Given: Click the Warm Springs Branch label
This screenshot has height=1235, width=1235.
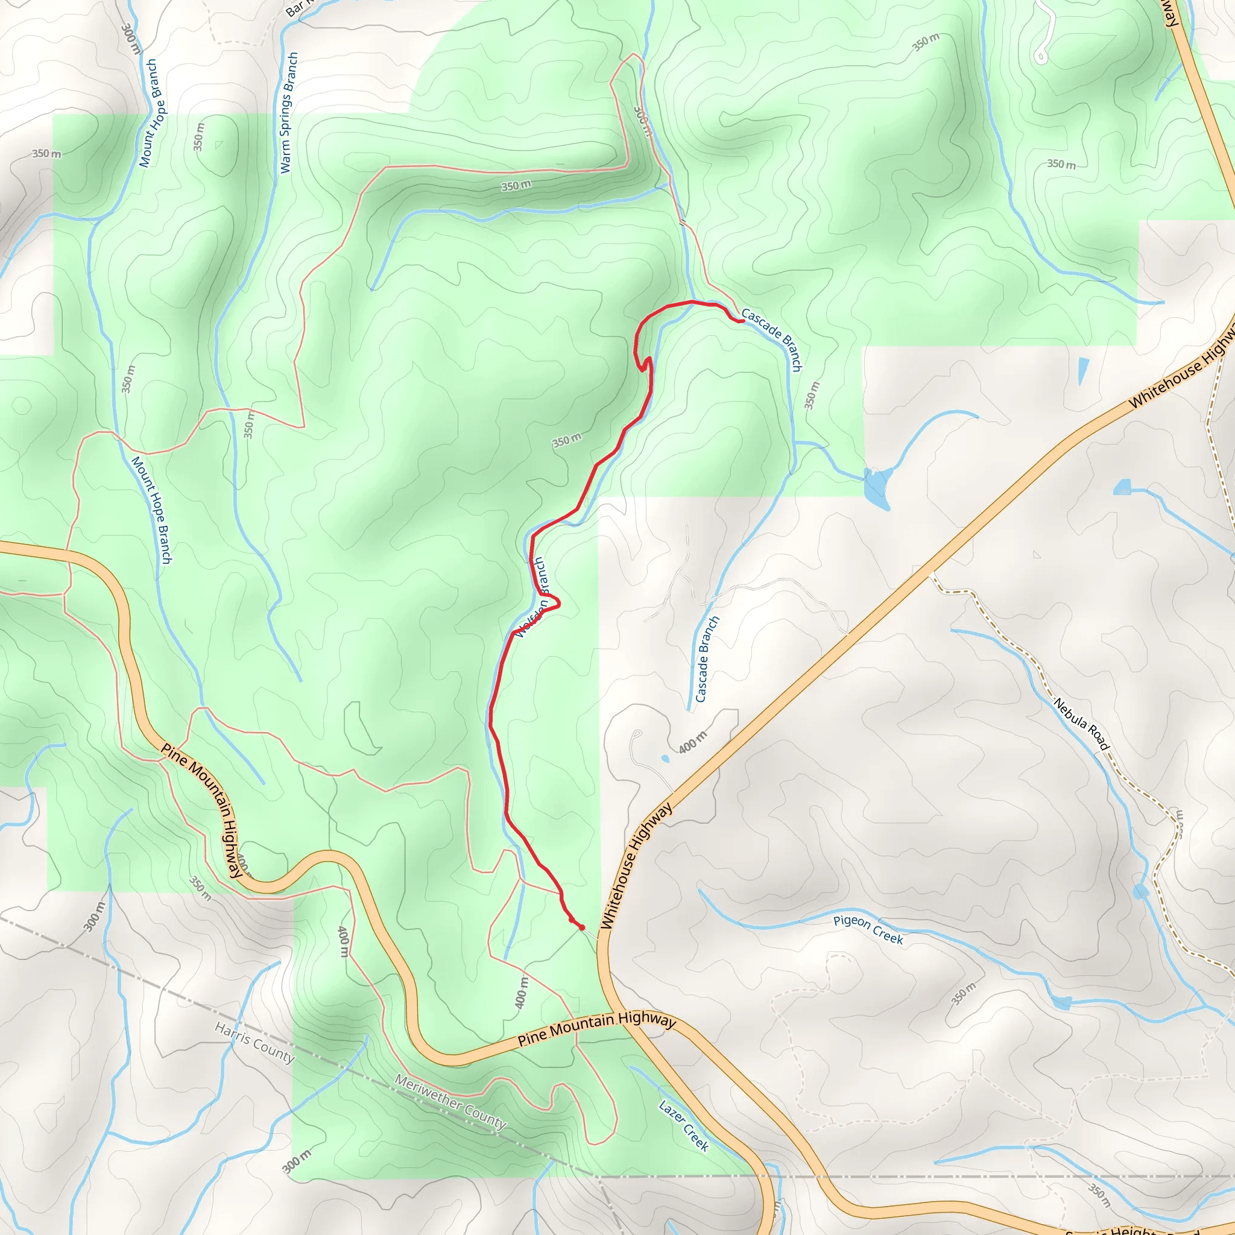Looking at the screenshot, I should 289,113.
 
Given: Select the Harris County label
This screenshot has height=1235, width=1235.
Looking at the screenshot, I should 254,1041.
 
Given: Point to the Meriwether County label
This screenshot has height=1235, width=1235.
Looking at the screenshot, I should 450,1101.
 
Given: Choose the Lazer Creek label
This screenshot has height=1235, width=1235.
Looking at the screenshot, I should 684,1126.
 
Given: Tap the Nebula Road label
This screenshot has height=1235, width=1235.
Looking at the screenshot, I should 1082,724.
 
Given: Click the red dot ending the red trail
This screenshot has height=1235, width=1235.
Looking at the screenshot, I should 581,927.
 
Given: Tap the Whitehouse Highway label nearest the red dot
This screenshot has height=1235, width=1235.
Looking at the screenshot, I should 637,865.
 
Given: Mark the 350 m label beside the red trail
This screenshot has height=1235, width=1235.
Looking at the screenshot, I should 567,440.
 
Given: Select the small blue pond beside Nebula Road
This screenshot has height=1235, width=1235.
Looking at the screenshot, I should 1140,892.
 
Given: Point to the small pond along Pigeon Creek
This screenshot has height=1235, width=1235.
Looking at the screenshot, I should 1061,1003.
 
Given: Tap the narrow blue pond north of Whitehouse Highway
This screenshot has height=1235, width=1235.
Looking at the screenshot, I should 1083,371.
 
